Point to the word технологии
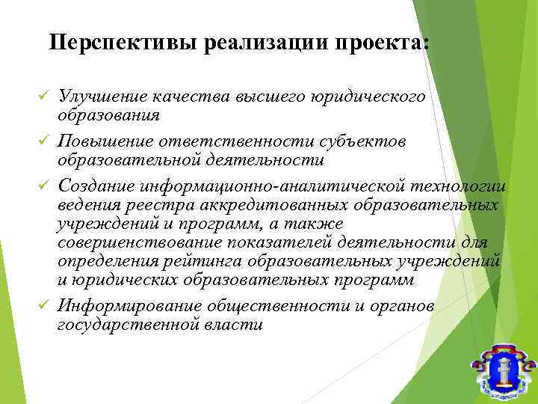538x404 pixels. pos(458,184)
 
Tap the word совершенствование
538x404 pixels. pos(142,243)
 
